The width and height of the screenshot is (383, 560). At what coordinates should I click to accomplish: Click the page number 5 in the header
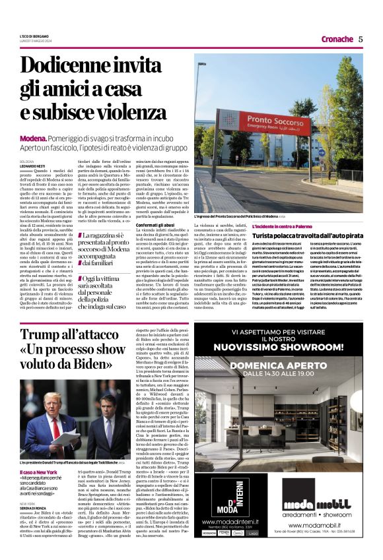pyautogui.click(x=361, y=39)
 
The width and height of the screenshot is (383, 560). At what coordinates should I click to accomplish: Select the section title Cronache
pyautogui.click(x=337, y=39)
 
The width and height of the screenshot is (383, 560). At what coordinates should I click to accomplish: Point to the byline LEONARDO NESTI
pyautogui.click(x=32, y=165)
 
